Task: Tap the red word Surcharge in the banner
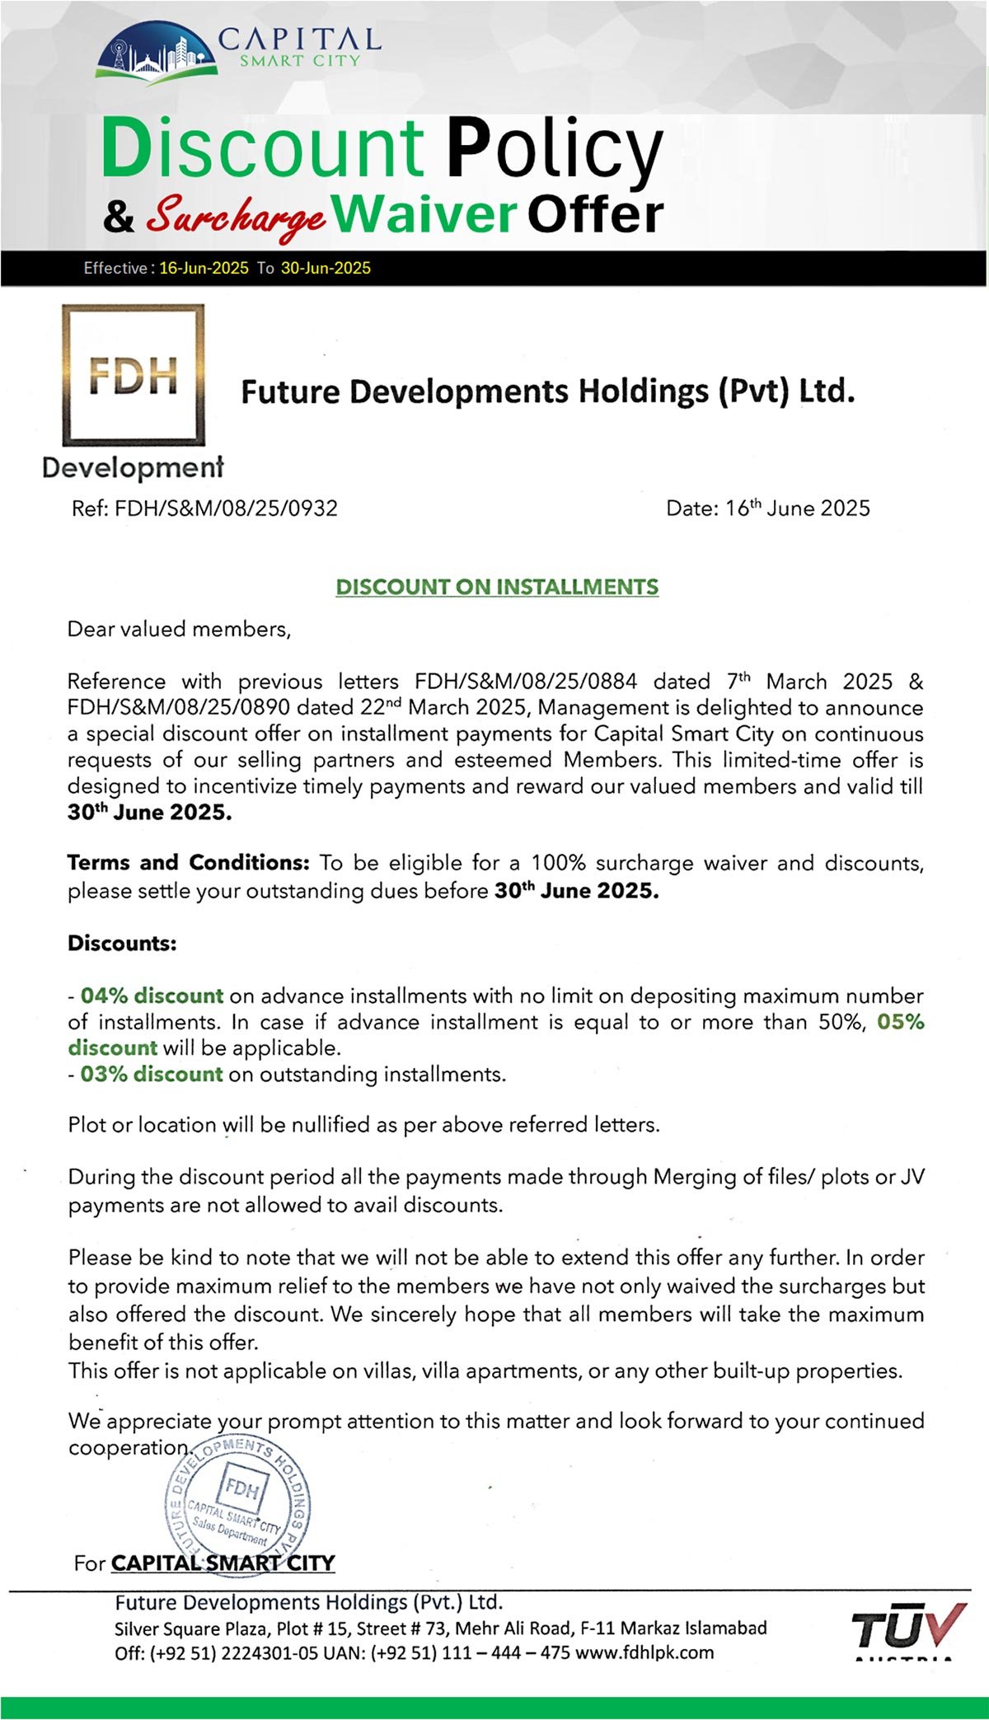point(236,216)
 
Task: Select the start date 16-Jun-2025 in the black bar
point(204,268)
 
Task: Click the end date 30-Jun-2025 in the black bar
point(326,268)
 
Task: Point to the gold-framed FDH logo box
point(134,375)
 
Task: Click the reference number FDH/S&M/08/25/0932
point(226,508)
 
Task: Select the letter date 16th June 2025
point(797,508)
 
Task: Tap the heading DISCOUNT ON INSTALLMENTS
point(497,587)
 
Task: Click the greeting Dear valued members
point(179,630)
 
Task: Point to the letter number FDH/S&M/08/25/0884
point(526,682)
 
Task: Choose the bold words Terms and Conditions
point(188,863)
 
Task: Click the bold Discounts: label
point(122,943)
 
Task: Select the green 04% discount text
point(152,996)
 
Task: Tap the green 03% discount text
point(152,1074)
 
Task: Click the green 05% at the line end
point(901,1022)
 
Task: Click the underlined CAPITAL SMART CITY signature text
point(223,1563)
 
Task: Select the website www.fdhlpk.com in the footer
point(644,1652)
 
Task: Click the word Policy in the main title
point(555,148)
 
